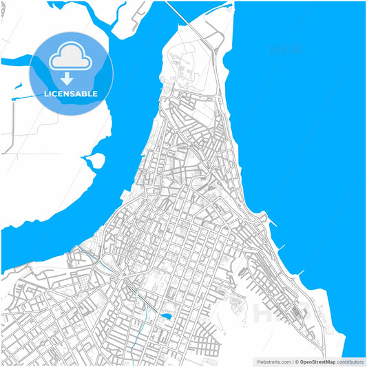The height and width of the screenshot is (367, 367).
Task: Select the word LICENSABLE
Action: [72, 94]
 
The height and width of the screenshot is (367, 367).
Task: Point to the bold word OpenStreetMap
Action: [319, 361]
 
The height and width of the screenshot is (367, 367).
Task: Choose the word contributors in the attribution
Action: [350, 361]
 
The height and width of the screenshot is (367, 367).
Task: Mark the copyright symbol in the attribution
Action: [297, 361]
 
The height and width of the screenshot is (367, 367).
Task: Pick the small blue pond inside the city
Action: [166, 317]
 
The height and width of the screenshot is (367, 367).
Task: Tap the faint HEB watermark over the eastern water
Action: [284, 50]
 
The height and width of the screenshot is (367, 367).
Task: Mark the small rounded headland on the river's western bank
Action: [96, 160]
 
